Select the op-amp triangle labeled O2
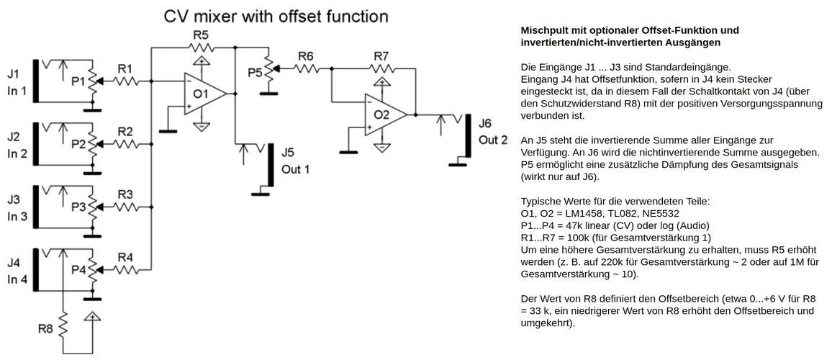coord(384,114)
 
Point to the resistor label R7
coord(381,55)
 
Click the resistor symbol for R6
coord(306,68)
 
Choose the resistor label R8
coord(46,329)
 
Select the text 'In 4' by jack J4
coord(17,279)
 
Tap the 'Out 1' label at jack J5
coord(296,169)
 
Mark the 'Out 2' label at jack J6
coord(493,139)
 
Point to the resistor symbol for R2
coord(125,144)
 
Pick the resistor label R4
coord(125,257)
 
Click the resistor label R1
coord(125,69)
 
